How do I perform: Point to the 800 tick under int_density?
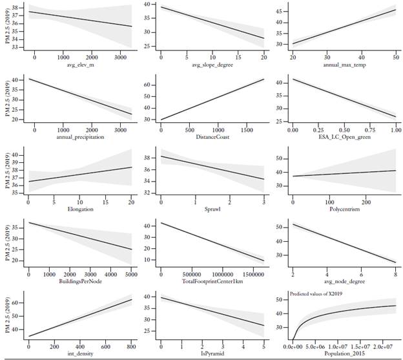pyautogui.click(x=130, y=345)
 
